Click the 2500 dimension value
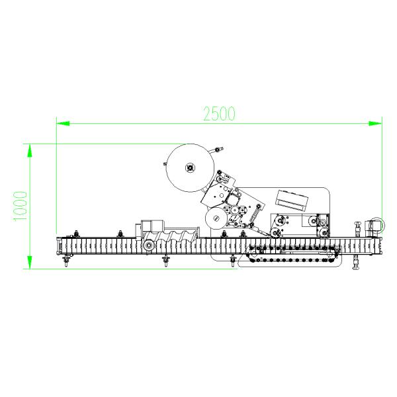tap(219, 113)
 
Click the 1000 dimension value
tap(20, 206)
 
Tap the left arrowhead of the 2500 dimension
tap(63, 124)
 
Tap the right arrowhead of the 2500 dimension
tap(375, 124)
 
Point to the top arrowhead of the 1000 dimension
tap(30, 151)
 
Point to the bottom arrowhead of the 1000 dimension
tap(30, 262)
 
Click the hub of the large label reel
tap(190, 167)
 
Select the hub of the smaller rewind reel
tap(216, 218)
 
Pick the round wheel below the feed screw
tap(149, 245)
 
